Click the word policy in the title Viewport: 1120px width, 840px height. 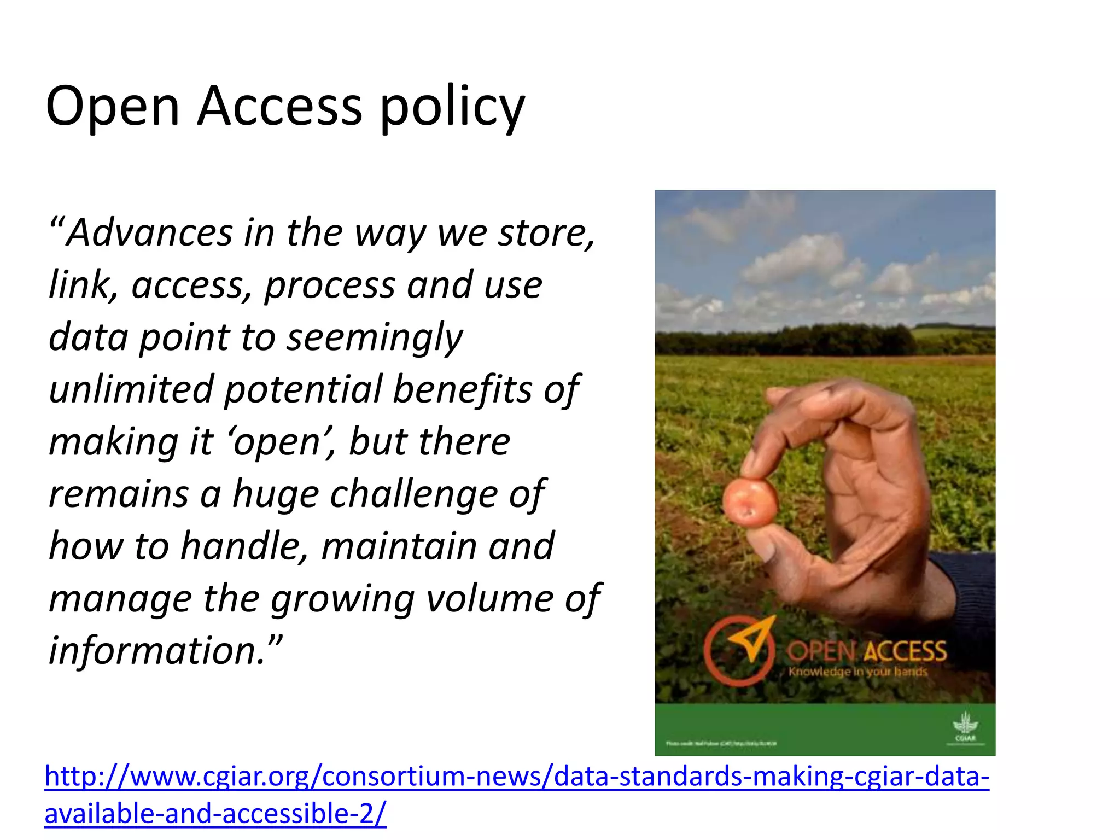click(452, 108)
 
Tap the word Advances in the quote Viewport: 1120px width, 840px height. click(150, 232)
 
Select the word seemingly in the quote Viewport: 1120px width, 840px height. click(375, 338)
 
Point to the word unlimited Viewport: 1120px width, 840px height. click(131, 389)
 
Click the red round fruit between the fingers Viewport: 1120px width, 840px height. click(750, 501)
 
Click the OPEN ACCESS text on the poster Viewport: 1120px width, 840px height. click(866, 651)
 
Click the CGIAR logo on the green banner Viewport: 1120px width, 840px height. click(965, 728)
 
